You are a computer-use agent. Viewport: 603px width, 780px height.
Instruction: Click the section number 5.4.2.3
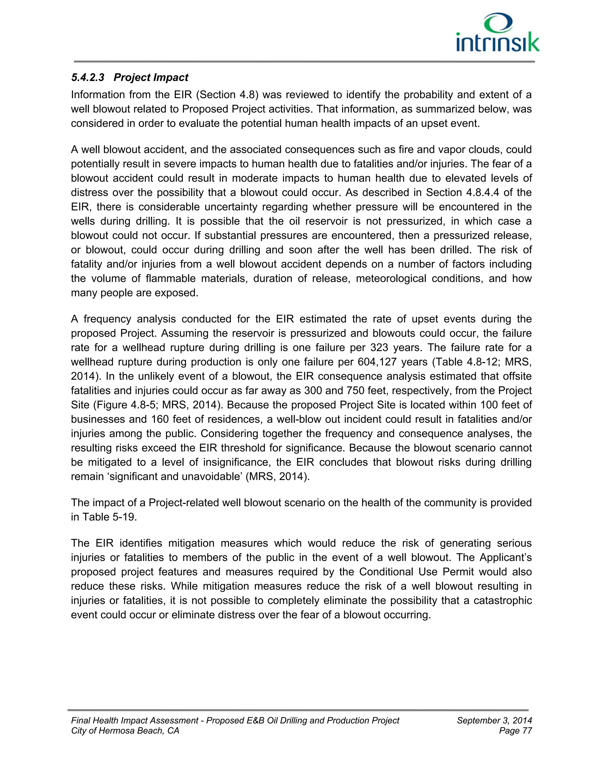pos(87,77)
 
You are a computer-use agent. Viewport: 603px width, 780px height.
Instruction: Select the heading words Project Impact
pos(151,77)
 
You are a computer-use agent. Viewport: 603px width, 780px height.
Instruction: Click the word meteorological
pos(391,278)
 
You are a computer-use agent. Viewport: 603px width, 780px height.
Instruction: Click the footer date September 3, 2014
pos(494,720)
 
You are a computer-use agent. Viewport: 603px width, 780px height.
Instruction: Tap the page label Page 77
pos(515,731)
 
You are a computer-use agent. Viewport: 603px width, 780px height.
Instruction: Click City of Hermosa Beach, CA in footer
pos(125,731)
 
